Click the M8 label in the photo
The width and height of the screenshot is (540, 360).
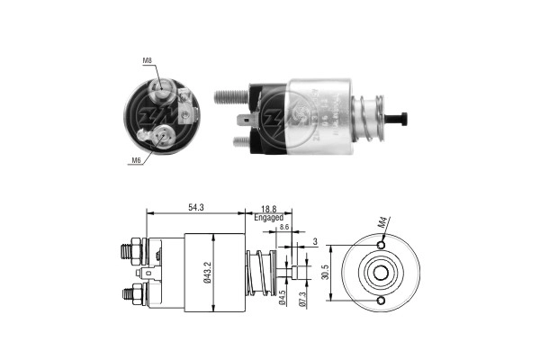click(147, 61)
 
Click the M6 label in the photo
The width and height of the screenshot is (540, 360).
click(138, 160)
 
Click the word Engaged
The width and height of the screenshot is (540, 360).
click(269, 218)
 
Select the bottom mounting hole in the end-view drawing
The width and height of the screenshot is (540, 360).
click(382, 301)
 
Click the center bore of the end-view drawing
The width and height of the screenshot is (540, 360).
click(382, 273)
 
